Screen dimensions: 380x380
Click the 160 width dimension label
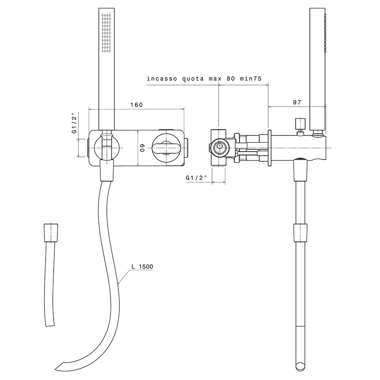click(x=136, y=105)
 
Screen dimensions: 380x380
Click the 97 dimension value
click(x=297, y=102)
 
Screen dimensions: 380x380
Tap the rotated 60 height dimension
click(x=142, y=148)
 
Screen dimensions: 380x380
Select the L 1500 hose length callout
click(x=142, y=267)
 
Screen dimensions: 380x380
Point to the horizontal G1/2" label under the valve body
click(x=196, y=178)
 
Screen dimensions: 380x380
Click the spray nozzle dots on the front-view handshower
click(x=106, y=34)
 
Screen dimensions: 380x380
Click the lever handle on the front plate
click(x=166, y=147)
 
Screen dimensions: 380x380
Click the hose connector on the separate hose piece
click(x=52, y=232)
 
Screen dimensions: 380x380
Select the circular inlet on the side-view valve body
click(x=219, y=147)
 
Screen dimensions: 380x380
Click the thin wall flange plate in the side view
click(x=270, y=148)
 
